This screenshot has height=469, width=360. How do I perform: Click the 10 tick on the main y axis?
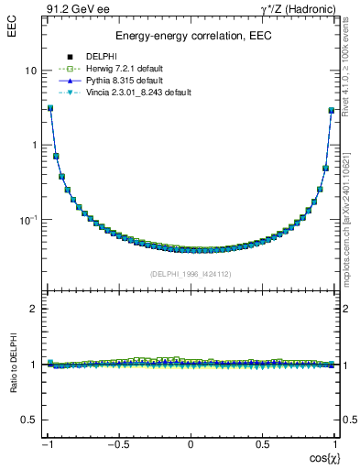(x=31, y=71)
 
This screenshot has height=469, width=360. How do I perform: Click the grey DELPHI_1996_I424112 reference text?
(x=191, y=274)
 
